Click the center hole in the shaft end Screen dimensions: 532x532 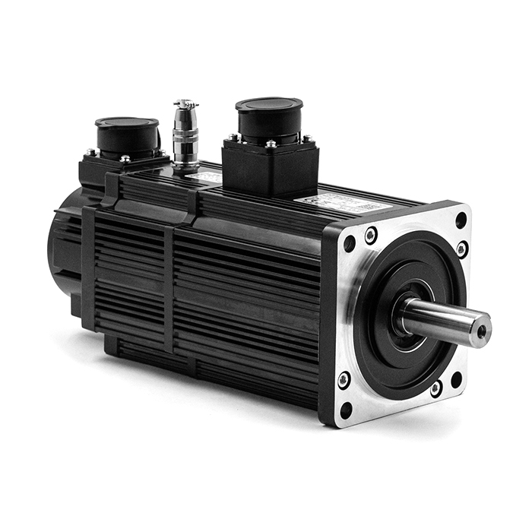pos(481,331)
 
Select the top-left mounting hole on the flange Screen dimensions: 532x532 pos(349,244)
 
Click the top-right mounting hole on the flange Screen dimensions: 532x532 pos(461,220)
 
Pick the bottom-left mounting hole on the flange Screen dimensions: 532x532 pos(346,410)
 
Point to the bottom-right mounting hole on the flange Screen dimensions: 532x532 pos(456,379)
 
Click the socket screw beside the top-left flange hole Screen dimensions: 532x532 pos(371,235)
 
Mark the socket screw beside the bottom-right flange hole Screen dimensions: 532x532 pos(436,389)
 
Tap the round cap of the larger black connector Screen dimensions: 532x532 pos(268,106)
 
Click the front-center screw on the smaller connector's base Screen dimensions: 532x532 pos(125,158)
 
